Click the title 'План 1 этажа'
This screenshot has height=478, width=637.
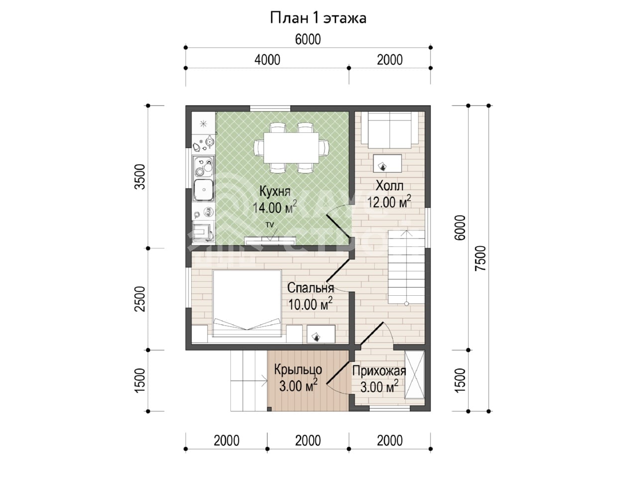click(318, 18)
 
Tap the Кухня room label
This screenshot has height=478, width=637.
click(275, 192)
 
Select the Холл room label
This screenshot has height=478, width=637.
click(390, 186)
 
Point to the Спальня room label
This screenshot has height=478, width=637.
click(311, 288)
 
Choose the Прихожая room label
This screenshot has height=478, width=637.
click(379, 371)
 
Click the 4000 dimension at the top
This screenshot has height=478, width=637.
click(267, 60)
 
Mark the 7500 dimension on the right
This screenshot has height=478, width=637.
click(481, 258)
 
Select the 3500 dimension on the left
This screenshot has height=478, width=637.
click(140, 177)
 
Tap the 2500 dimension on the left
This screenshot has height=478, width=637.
click(140, 299)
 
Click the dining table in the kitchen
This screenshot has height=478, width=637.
click(291, 148)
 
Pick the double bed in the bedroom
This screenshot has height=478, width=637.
click(247, 304)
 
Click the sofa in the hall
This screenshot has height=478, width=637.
click(390, 130)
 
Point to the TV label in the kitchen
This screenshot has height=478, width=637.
click(270, 225)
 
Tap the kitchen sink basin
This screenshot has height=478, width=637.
click(204, 190)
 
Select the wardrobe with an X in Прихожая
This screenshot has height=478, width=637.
click(415, 374)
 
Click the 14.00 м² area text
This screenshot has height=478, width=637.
click(275, 207)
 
